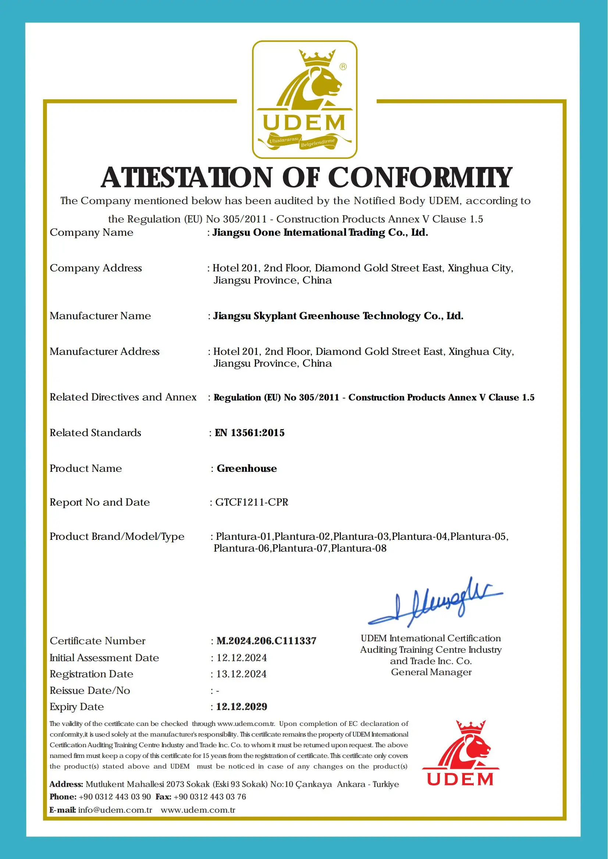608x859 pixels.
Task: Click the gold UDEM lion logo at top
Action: point(305,99)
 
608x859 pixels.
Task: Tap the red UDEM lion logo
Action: point(460,752)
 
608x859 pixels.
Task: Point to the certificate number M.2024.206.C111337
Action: point(266,641)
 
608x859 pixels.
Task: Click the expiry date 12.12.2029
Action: point(242,707)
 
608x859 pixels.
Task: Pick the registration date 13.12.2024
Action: point(242,674)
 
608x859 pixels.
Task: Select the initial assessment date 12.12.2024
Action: point(242,658)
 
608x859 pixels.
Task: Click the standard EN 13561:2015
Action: point(249,433)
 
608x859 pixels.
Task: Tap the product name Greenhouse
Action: point(247,468)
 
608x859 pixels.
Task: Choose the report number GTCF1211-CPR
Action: point(252,502)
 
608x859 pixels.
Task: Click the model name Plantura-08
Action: point(359,548)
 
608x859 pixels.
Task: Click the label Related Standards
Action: point(96,433)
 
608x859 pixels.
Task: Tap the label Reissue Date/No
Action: point(90,691)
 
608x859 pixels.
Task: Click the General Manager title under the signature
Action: point(431,672)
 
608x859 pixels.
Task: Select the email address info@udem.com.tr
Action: point(115,810)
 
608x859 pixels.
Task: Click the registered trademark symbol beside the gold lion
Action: point(343,67)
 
